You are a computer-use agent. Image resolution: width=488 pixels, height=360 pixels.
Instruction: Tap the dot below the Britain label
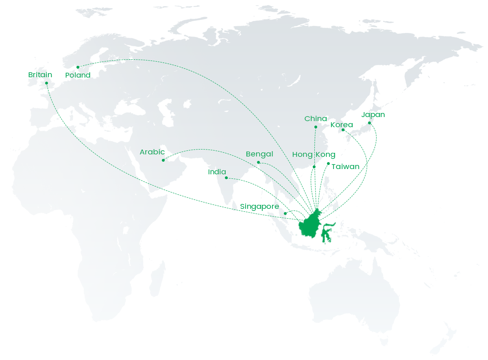click(x=46, y=83)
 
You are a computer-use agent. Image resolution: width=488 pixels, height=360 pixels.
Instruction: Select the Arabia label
click(x=152, y=152)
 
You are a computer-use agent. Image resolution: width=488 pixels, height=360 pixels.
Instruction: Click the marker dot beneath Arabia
click(x=163, y=160)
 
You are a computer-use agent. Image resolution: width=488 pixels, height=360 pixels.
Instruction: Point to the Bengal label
click(x=259, y=154)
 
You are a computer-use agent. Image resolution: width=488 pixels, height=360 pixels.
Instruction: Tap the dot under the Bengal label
click(x=258, y=163)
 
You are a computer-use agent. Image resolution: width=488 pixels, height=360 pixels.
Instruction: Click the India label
click(x=218, y=172)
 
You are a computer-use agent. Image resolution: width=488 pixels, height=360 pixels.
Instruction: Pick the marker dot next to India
click(x=227, y=178)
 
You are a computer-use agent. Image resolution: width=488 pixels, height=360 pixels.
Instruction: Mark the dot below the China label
click(x=316, y=127)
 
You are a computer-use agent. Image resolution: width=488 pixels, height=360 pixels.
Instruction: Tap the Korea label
click(x=341, y=125)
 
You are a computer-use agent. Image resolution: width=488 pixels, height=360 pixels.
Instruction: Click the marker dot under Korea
click(x=343, y=130)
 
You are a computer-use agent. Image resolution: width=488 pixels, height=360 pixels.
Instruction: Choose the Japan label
click(x=373, y=115)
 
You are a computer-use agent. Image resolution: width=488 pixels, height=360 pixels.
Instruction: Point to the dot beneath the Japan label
click(x=370, y=123)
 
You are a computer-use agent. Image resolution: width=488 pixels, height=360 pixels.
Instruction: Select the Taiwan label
click(x=345, y=167)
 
